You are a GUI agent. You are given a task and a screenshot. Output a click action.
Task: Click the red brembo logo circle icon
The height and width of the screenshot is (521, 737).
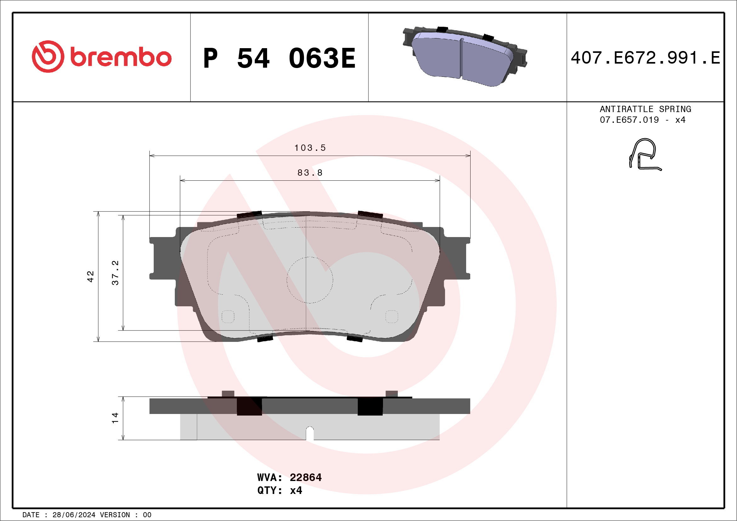(x=48, y=56)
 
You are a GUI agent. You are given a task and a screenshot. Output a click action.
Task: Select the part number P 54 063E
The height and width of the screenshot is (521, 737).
(x=279, y=58)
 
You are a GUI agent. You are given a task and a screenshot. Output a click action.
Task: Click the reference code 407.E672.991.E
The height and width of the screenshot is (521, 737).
(x=645, y=58)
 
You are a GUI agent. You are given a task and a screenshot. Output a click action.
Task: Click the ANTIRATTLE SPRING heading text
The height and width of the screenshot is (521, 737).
(x=645, y=109)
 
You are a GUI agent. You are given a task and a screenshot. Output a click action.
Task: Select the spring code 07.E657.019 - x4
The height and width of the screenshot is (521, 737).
(x=642, y=120)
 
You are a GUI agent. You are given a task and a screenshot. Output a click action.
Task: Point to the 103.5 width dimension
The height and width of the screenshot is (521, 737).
(x=310, y=148)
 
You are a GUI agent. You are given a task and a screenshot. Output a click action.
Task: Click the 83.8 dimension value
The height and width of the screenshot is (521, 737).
(x=310, y=173)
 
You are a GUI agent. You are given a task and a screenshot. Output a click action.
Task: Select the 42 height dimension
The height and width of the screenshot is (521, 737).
(x=90, y=276)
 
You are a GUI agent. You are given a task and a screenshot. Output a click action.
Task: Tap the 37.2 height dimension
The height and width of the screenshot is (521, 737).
(x=115, y=273)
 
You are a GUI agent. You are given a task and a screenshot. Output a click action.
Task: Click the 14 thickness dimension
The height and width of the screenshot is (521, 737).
(x=115, y=418)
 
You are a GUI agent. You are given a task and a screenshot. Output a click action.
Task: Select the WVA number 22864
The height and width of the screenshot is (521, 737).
(x=305, y=477)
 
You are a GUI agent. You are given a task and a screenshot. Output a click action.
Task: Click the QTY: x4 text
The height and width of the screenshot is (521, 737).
(x=279, y=490)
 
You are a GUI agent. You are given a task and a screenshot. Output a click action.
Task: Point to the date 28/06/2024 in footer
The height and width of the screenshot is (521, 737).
(x=74, y=515)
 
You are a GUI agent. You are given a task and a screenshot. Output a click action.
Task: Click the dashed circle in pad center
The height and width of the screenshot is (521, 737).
(x=310, y=280)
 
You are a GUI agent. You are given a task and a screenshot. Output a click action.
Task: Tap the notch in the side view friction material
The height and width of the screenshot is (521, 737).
(x=310, y=433)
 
